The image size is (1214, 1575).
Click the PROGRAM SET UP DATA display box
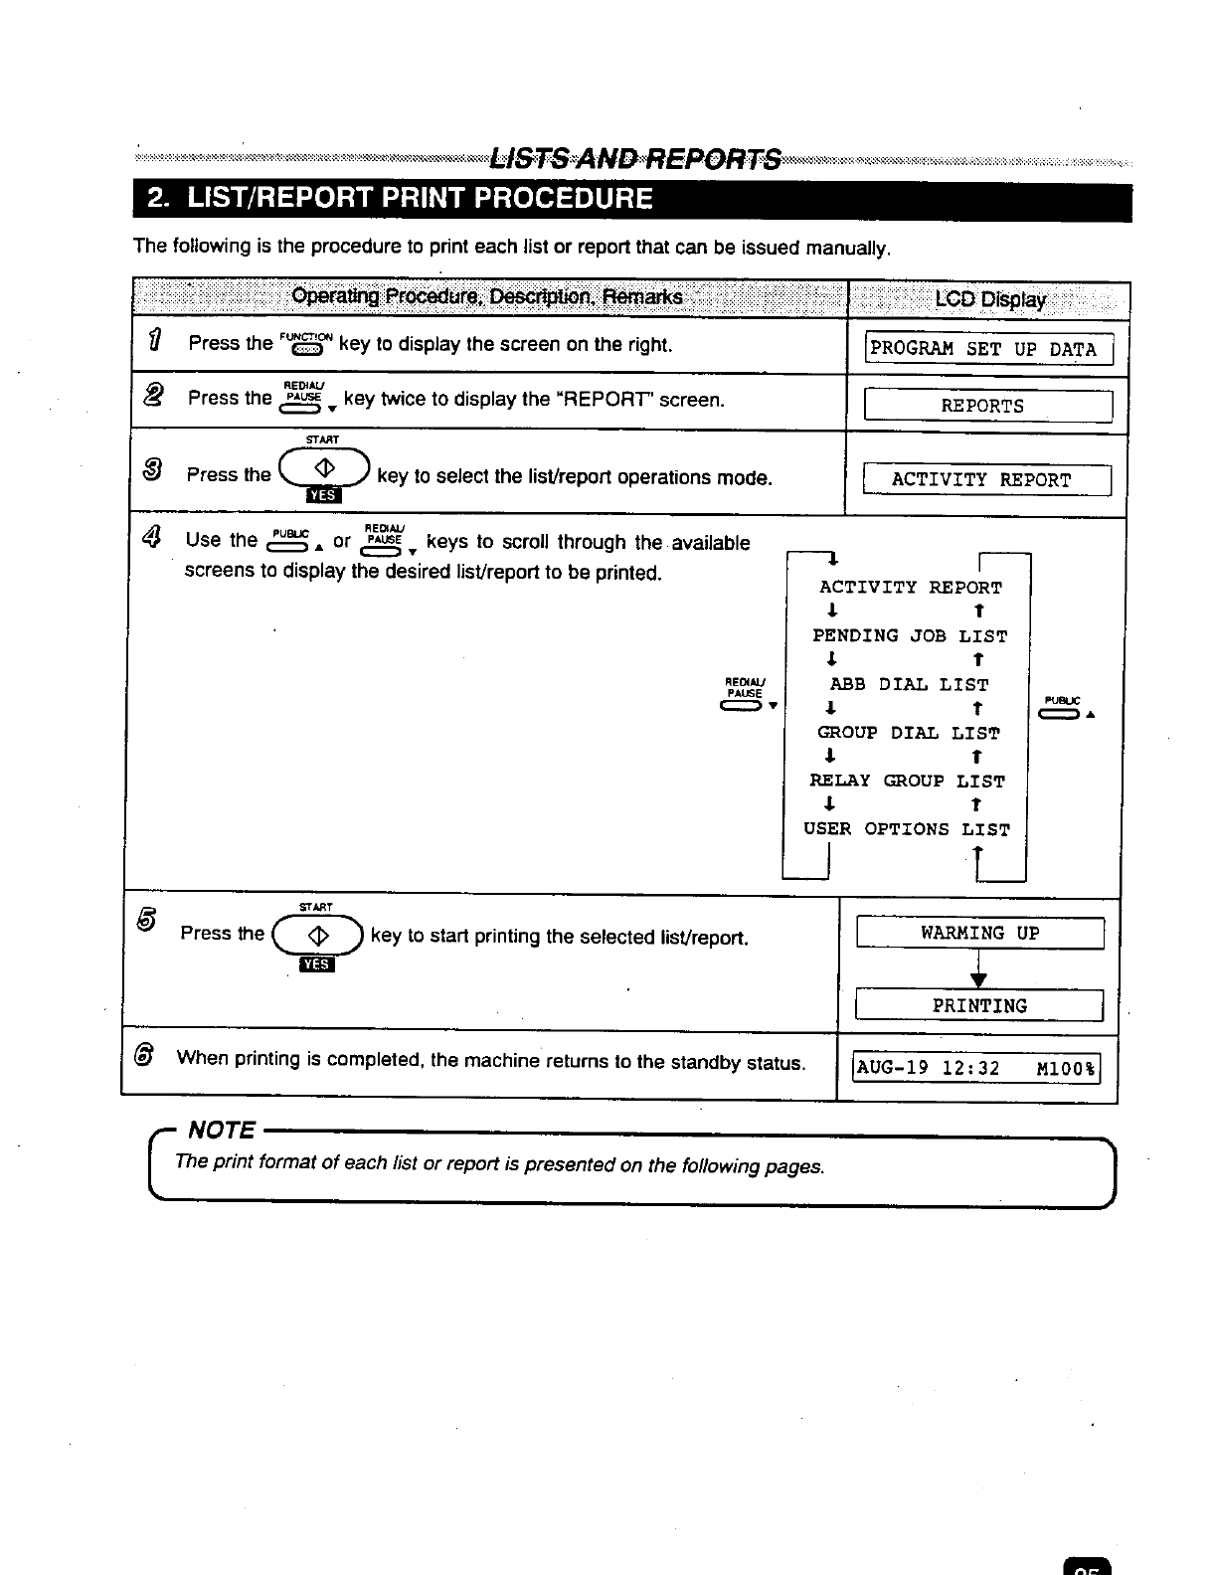pos(988,350)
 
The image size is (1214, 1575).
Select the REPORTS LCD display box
pos(987,406)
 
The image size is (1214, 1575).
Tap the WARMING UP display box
pos(979,934)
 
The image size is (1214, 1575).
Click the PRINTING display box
pos(979,1006)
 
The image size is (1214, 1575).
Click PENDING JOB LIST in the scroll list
pos(910,636)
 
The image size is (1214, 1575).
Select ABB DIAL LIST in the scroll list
pos(909,685)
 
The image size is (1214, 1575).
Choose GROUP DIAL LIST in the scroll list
pos(909,734)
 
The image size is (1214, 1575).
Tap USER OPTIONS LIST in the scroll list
pos(907,829)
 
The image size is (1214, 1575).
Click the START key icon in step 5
pos(318,936)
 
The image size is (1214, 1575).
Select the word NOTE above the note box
pos(222,1131)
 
